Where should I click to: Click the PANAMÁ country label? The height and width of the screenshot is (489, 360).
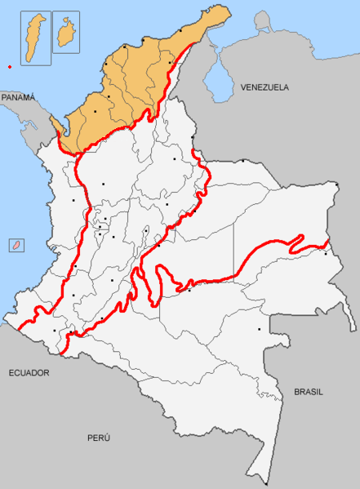point(19,97)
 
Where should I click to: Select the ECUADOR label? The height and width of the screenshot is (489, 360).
point(29,372)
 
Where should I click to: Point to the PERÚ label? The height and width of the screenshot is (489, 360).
point(99,438)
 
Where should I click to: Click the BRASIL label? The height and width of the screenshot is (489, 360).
point(308,392)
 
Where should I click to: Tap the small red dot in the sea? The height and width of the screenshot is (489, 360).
point(9,67)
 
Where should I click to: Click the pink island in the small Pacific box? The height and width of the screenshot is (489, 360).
point(16,245)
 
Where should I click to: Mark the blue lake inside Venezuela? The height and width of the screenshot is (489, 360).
point(219,82)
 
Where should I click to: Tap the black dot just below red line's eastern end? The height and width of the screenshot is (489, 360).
point(326,253)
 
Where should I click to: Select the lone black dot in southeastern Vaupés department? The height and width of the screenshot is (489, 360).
point(260,329)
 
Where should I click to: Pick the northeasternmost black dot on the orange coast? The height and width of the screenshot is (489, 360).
point(179,31)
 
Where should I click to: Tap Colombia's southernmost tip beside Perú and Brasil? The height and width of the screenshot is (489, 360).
point(265,482)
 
